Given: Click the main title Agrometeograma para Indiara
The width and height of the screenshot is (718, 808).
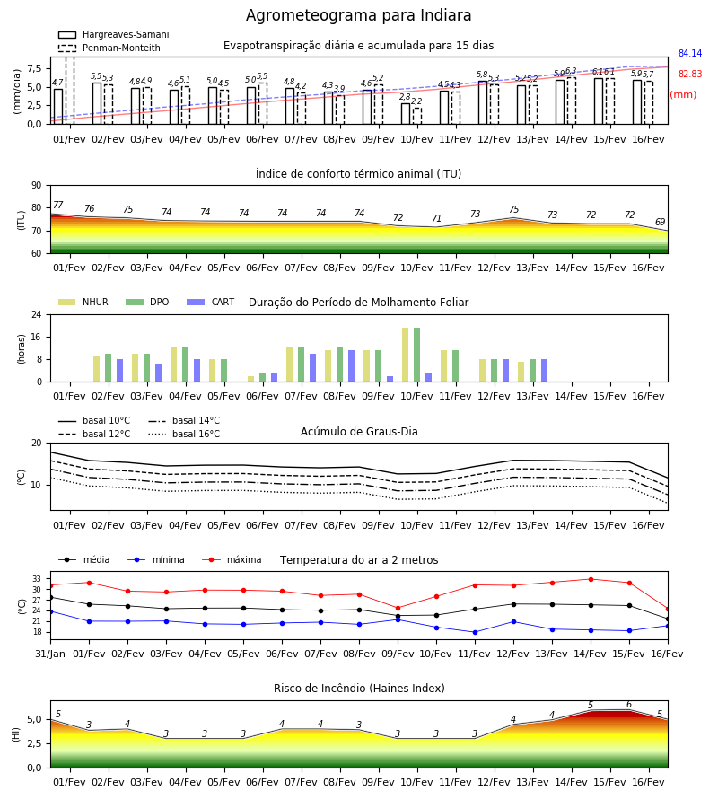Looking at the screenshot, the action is tap(358, 15).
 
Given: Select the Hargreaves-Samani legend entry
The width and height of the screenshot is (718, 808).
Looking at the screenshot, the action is tap(114, 34).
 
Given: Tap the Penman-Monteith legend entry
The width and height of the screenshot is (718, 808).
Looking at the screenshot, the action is tap(109, 48).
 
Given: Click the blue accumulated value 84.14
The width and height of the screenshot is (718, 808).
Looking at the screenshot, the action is tap(690, 53).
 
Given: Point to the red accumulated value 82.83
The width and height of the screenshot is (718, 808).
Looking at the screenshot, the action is tap(690, 74).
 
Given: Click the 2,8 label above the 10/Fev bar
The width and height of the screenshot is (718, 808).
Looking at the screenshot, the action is tap(406, 97).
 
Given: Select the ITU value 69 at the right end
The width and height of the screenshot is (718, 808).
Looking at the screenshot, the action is tap(660, 222).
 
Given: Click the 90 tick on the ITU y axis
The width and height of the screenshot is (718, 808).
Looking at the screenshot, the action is tap(37, 186).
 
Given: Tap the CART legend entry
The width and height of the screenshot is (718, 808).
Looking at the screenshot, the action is tap(211, 302).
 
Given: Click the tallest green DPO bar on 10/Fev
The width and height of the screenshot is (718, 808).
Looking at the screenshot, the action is tap(416, 355).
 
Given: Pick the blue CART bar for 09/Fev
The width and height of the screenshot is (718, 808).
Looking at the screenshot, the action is tap(390, 379).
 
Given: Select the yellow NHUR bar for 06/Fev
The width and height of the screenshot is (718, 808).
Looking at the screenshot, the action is tap(250, 379).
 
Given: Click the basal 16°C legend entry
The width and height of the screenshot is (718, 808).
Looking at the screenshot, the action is tap(184, 434).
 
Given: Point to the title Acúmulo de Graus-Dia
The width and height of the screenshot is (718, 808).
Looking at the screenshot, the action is tap(359, 432).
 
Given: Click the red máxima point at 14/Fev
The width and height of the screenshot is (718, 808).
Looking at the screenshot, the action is tap(591, 579).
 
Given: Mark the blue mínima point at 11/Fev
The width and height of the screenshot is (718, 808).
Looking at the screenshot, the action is tap(475, 632).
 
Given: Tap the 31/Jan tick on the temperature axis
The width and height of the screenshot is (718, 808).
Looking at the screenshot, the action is tap(50, 654).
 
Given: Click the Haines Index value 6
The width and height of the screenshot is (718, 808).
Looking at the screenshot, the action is tap(629, 705).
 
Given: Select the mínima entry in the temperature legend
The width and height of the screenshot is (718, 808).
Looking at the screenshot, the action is tap(156, 559).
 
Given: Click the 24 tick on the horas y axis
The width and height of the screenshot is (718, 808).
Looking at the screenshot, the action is tap(37, 314).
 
